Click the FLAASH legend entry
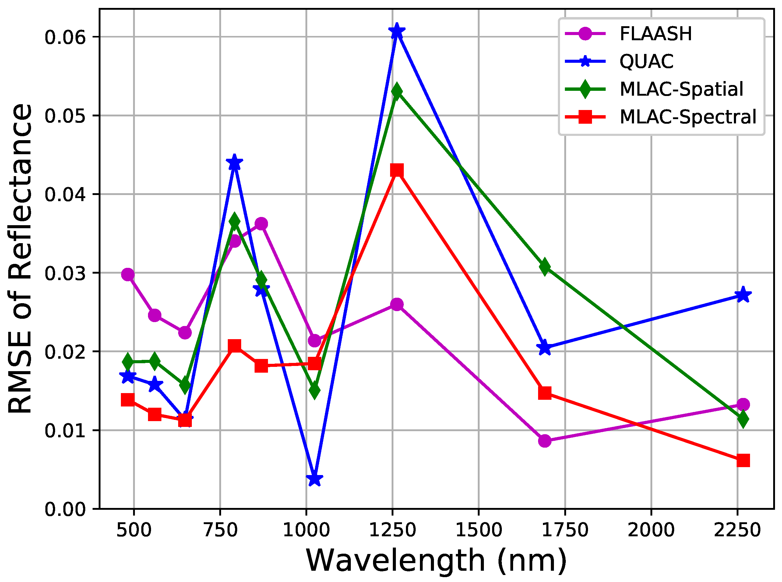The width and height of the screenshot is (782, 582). (655, 34)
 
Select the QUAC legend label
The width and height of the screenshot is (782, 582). (646, 62)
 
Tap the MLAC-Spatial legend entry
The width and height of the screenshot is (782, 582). (681, 89)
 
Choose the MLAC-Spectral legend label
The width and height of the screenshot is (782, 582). (688, 117)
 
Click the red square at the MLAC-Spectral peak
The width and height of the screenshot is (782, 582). (397, 171)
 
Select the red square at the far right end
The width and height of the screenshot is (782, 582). (743, 460)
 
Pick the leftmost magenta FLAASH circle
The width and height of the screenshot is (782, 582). (128, 275)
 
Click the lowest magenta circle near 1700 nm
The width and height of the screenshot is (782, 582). (545, 441)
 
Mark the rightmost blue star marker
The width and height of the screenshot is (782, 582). (743, 295)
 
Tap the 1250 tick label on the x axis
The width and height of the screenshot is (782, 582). (392, 530)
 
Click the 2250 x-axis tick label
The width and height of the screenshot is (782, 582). (737, 530)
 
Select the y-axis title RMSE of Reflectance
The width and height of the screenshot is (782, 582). (20, 259)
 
